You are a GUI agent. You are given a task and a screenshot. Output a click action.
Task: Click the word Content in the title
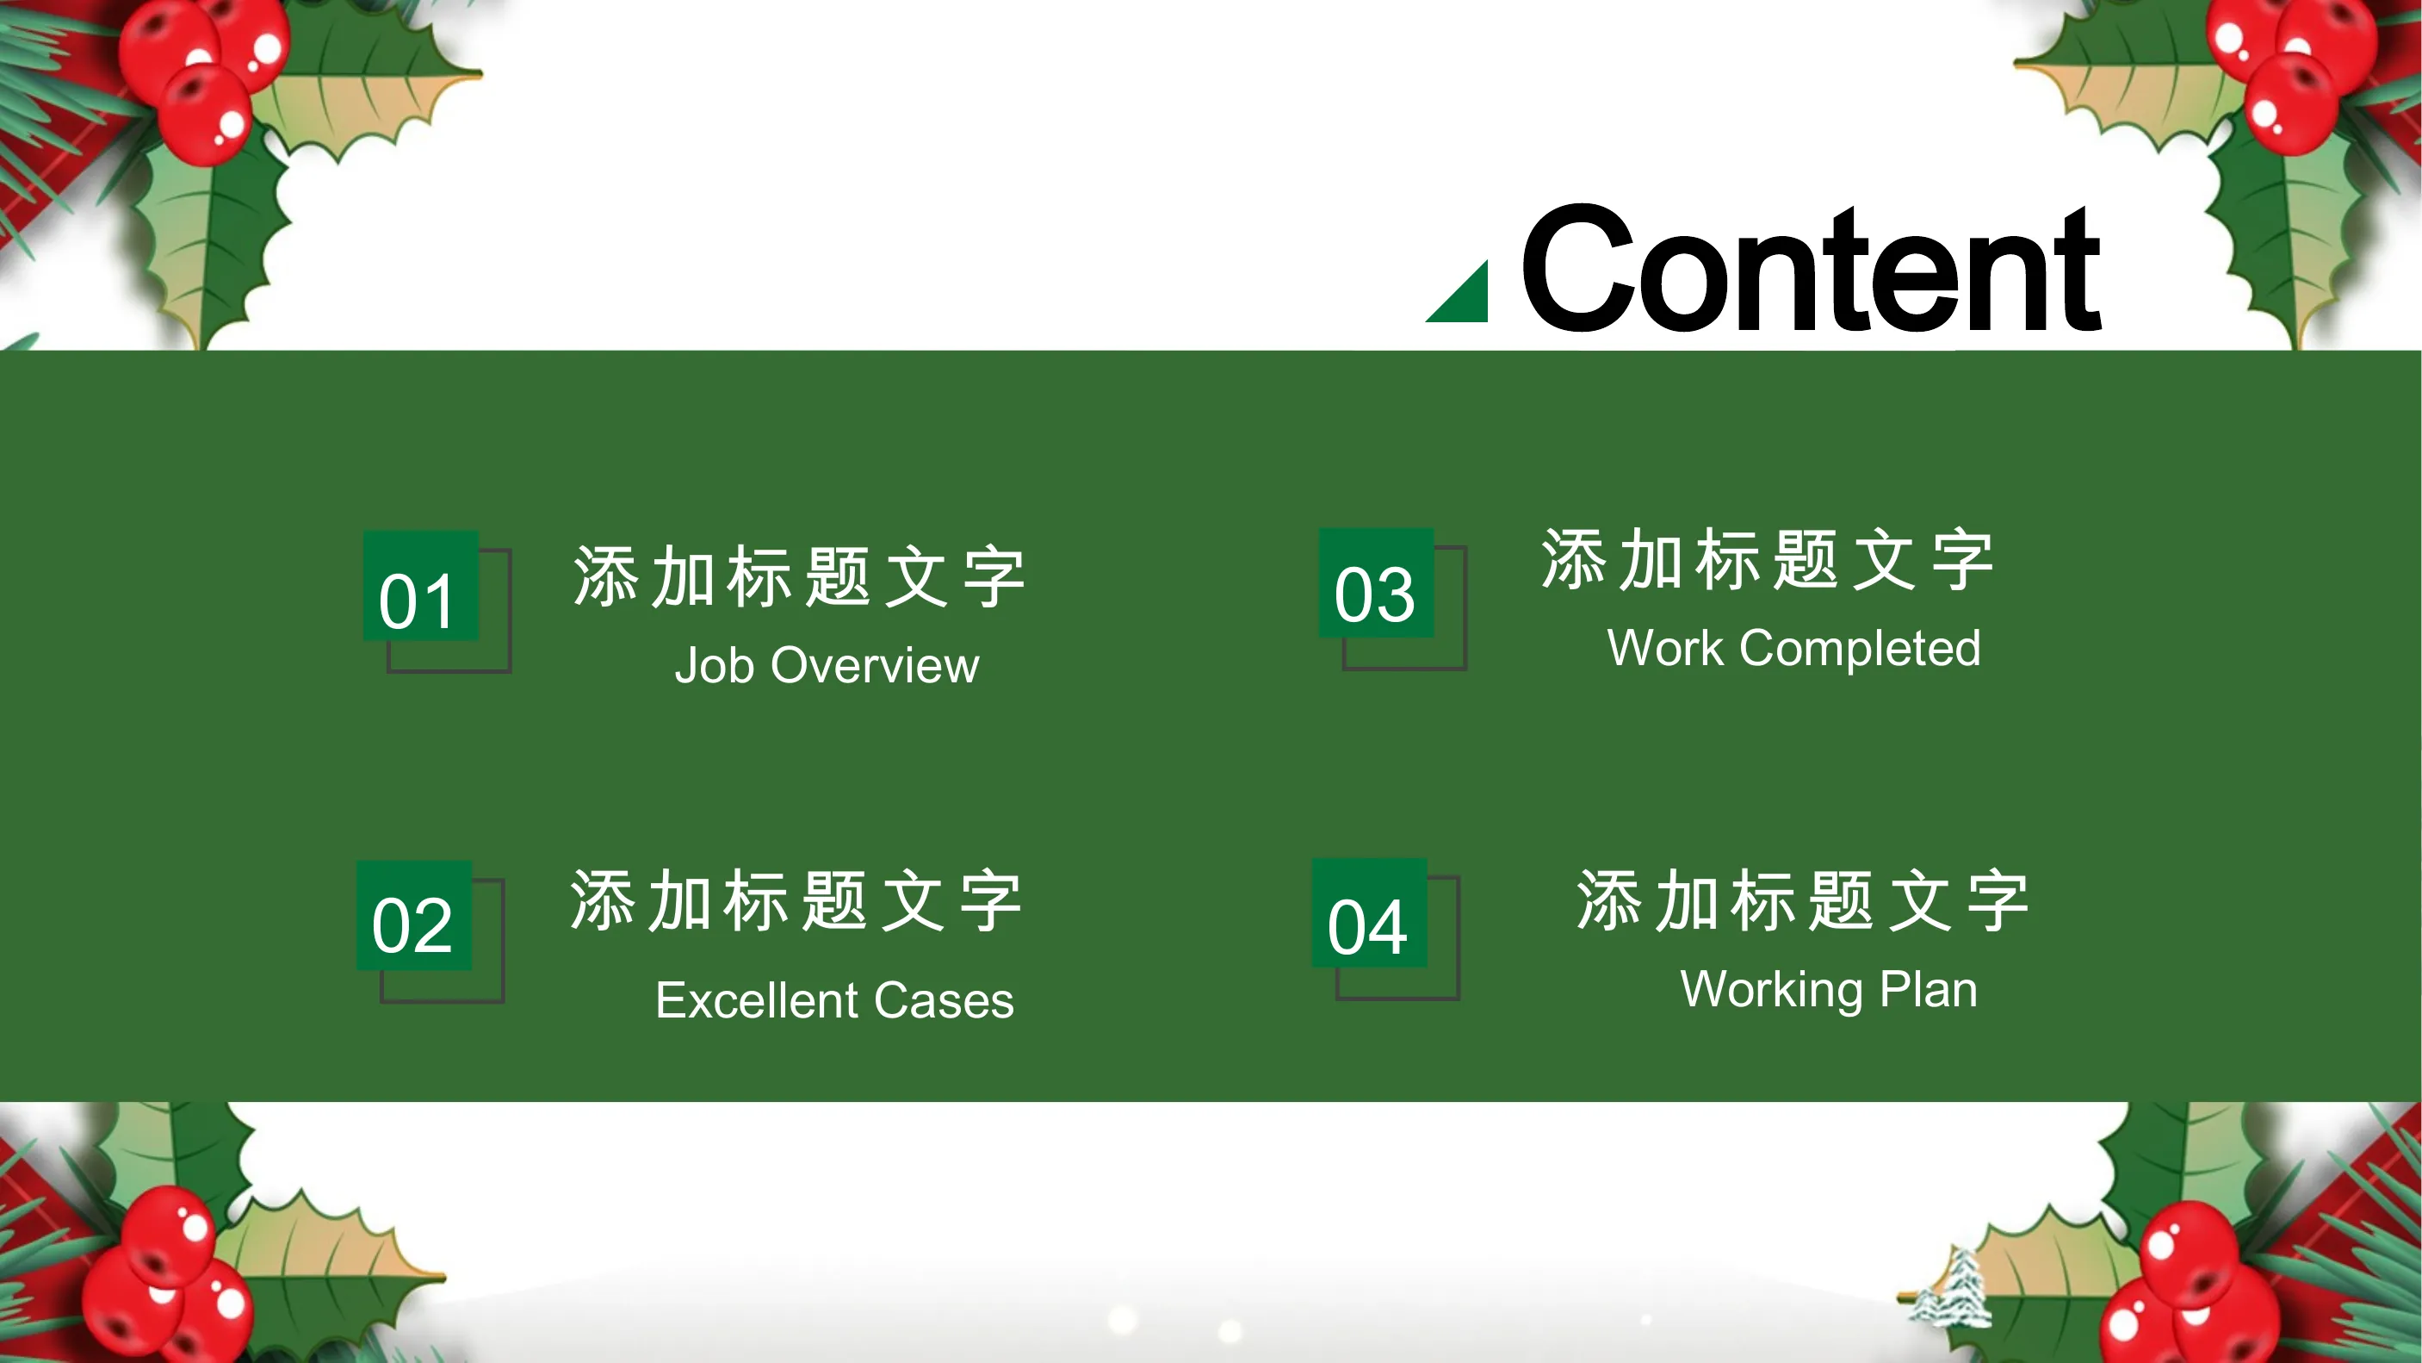(1811, 268)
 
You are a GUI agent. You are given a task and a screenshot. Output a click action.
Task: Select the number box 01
(421, 586)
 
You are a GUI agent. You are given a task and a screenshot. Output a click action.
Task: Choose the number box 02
(413, 915)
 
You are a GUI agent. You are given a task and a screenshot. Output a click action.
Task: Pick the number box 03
(1377, 583)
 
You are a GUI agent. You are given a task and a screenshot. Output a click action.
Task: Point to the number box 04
(1370, 913)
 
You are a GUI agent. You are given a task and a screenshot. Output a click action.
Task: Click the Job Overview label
(827, 665)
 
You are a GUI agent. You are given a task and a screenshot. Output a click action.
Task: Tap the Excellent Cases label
(835, 999)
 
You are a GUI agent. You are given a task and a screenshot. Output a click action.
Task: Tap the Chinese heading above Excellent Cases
(796, 900)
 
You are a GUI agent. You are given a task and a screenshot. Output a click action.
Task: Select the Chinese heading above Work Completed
(1767, 560)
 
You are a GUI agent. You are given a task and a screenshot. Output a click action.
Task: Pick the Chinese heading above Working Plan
(1802, 900)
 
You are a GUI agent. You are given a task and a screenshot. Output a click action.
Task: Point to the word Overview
(876, 665)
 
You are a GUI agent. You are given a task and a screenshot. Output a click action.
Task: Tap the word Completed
(1861, 648)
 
